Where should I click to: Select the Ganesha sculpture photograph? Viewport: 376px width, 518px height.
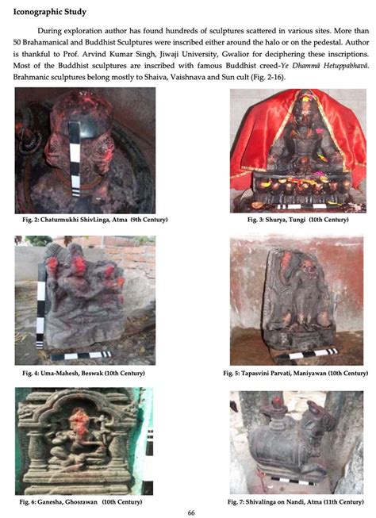point(83,440)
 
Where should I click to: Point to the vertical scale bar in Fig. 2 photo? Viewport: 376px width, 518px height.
point(72,167)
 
